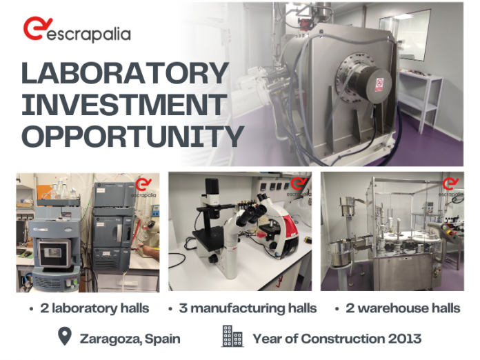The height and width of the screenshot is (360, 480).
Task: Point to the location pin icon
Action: pyautogui.click(x=65, y=337)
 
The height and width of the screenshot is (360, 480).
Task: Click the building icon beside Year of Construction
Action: pyautogui.click(x=232, y=337)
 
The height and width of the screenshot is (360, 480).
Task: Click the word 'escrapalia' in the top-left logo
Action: pyautogui.click(x=88, y=34)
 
